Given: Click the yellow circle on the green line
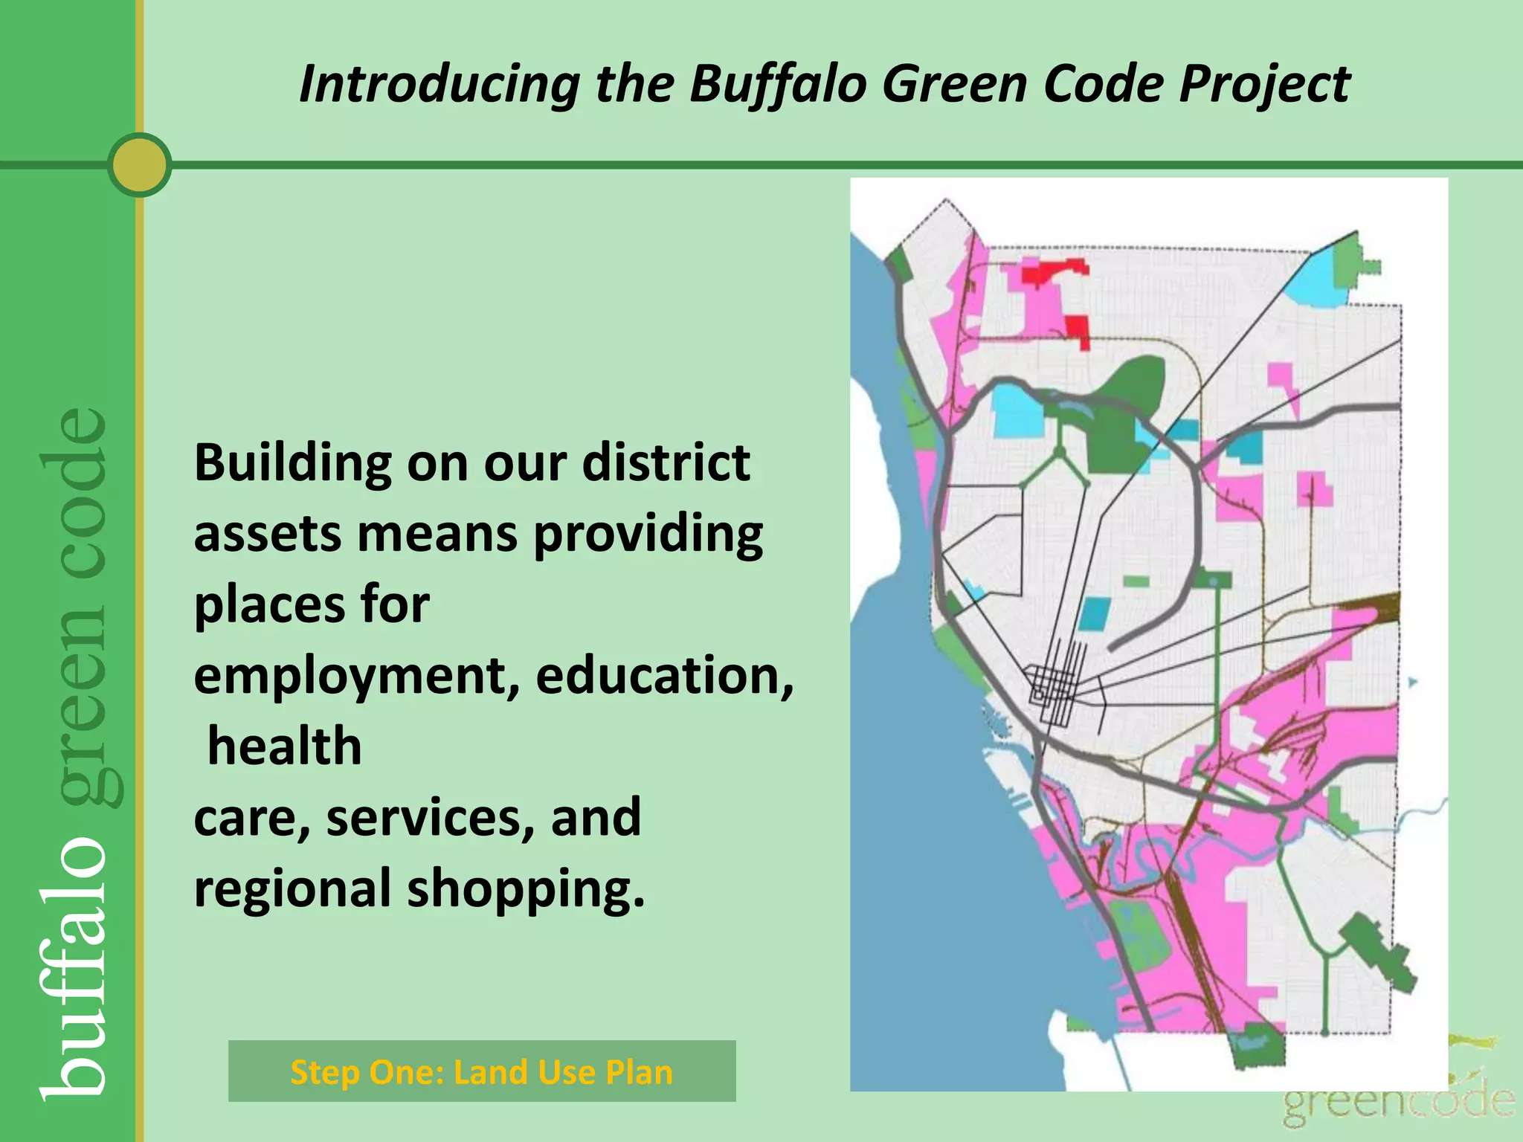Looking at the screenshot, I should (139, 164).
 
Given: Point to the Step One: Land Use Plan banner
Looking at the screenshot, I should (481, 1071).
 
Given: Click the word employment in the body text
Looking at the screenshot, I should (356, 675).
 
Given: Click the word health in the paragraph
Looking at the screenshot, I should (284, 746).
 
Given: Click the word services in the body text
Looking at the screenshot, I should (430, 817).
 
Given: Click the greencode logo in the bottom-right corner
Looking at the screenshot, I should (1398, 1100).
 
